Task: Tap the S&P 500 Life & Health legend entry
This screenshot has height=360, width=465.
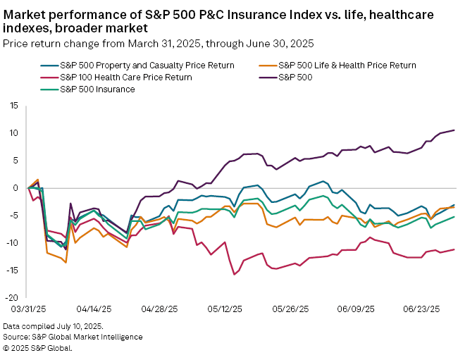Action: pyautogui.click(x=347, y=66)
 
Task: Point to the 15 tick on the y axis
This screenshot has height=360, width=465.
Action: pyautogui.click(x=12, y=106)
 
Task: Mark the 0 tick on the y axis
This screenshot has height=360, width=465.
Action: pyautogui.click(x=14, y=188)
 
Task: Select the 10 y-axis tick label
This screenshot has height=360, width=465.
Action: pyautogui.click(x=12, y=133)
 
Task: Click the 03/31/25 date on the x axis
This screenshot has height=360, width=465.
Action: pyautogui.click(x=28, y=309)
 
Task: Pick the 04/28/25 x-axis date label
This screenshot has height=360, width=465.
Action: pyautogui.click(x=156, y=309)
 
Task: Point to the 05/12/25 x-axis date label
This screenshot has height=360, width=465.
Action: pyautogui.click(x=221, y=309)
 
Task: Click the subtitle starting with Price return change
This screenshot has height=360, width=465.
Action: pyautogui.click(x=158, y=44)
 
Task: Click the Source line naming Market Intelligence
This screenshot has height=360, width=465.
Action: pyautogui.click(x=73, y=337)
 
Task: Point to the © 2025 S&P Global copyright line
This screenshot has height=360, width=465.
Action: pyautogui.click(x=37, y=347)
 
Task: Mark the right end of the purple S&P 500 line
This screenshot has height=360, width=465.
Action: pyautogui.click(x=454, y=130)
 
